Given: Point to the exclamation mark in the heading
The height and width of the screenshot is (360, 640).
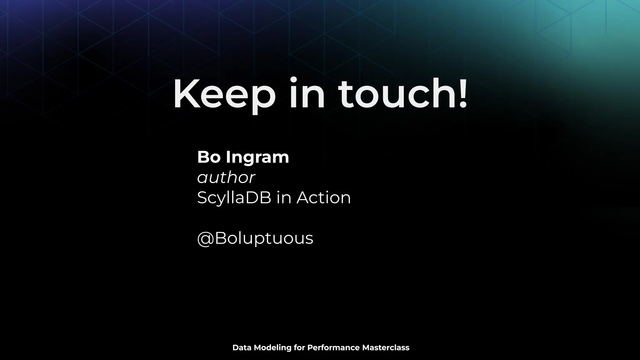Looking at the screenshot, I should (463, 94).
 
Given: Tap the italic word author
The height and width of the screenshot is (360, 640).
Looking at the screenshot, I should (226, 177).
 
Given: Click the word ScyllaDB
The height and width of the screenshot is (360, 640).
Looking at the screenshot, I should (234, 198).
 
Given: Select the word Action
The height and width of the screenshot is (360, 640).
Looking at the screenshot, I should (323, 198).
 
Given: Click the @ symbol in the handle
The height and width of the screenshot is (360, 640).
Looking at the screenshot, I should (205, 238).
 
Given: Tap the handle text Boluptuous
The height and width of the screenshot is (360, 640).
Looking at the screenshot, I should (264, 238).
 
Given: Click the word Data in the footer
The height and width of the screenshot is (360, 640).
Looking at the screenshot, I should (242, 347).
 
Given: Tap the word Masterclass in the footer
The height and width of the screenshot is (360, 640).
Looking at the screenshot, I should (386, 347).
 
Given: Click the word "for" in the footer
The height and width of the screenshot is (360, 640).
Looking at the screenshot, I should (299, 347).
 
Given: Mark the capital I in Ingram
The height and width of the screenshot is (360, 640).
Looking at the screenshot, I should (228, 157).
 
